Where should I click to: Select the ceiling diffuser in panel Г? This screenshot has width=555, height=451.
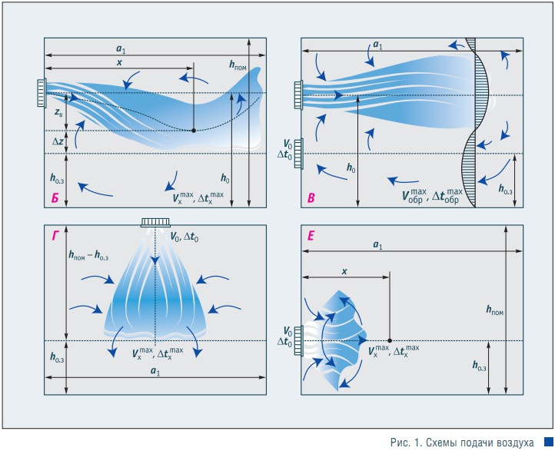coord(155,223)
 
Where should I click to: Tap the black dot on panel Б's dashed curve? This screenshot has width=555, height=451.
coord(193,131)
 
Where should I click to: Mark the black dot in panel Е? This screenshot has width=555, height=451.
coord(390,340)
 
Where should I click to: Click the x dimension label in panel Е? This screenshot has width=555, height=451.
coord(344,272)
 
